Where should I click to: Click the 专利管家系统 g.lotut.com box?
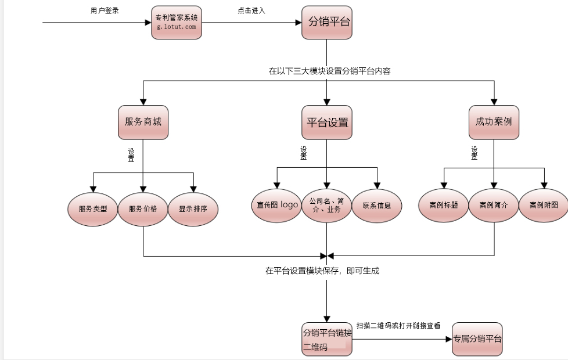click(177, 23)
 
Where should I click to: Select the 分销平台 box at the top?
click(326, 23)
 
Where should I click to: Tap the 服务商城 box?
click(143, 123)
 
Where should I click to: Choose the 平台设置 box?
click(326, 123)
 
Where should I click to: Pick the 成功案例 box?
click(494, 123)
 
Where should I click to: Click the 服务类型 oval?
click(93, 207)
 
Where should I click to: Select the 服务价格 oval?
click(143, 207)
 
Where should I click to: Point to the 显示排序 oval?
click(193, 207)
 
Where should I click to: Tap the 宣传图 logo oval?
click(277, 205)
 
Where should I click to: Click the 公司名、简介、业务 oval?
click(326, 205)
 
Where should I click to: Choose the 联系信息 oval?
click(377, 205)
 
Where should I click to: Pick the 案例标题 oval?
click(444, 205)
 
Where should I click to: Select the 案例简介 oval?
click(494, 205)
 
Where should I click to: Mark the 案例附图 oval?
click(544, 205)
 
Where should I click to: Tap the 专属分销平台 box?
click(477, 339)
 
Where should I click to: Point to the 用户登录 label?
click(105, 10)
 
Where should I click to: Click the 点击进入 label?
click(251, 10)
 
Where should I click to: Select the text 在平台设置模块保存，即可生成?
click(322, 271)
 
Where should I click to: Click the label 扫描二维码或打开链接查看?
click(398, 326)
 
